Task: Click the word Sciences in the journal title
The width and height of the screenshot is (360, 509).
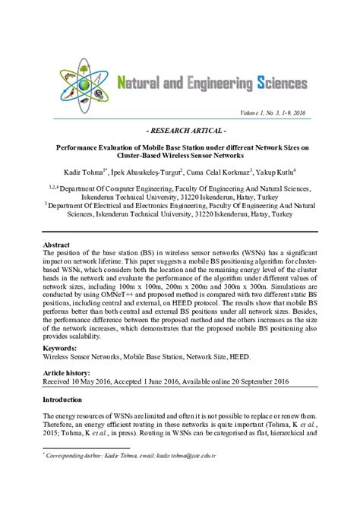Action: [x=276, y=81]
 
